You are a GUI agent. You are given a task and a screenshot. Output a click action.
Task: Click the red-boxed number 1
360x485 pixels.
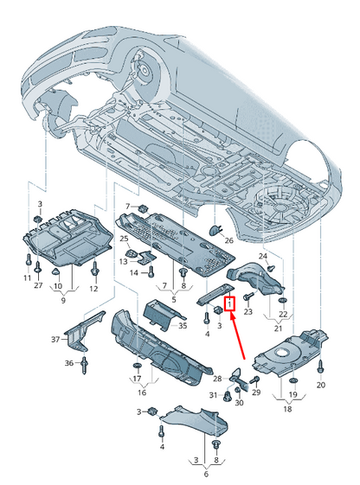pos(229,304)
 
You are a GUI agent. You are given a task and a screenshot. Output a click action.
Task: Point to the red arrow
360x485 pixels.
pos(237,335)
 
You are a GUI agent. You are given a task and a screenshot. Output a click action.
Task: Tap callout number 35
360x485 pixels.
pos(183,326)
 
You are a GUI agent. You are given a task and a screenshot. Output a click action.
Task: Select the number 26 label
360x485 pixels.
pos(228,240)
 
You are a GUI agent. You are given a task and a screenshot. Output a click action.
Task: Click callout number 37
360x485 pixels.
pos(55,339)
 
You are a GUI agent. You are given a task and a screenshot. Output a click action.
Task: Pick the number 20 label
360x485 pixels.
pos(321,385)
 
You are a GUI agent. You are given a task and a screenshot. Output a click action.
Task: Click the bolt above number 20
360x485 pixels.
pos(321,367)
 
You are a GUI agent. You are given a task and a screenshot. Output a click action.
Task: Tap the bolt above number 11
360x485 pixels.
pos(29,259)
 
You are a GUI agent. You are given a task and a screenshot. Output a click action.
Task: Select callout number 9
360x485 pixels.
pos(63,300)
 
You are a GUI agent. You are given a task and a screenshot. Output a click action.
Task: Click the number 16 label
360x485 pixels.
pos(142,392)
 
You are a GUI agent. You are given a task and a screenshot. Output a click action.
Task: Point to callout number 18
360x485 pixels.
pos(287,409)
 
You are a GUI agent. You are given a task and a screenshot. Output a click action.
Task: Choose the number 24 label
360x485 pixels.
pos(263,256)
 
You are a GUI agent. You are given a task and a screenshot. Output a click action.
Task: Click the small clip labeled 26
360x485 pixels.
pos(215,230)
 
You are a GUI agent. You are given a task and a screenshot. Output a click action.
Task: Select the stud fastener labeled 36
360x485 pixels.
pos(84,365)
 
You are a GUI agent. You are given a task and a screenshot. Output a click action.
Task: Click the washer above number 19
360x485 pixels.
pos(292,380)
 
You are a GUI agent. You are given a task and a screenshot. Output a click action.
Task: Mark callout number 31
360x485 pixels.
pos(213,395)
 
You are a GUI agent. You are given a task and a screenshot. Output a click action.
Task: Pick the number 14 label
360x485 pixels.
pos(134,273)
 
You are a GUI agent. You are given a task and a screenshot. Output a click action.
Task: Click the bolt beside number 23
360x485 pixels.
pos(248,297)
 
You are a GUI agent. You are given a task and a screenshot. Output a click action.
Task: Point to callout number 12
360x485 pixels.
pos(93,289)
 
